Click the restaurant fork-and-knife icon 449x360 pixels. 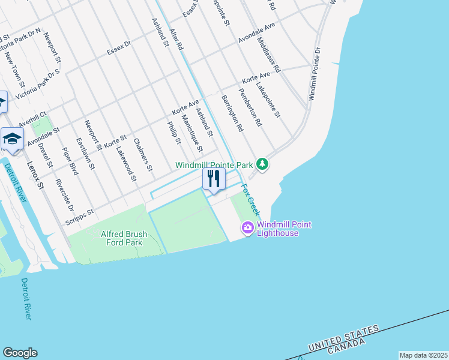point(213,179)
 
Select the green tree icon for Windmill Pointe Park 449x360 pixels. point(262,164)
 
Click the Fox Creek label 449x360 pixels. point(251,200)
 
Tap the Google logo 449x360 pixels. point(20,353)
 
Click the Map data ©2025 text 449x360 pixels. point(423,355)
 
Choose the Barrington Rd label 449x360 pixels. point(232,113)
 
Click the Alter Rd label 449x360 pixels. point(176,39)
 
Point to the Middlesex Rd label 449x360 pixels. point(268,55)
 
